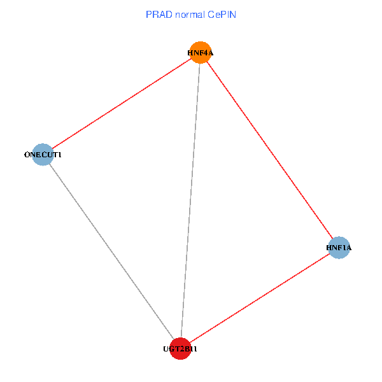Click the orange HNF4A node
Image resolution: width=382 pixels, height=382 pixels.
click(x=200, y=53)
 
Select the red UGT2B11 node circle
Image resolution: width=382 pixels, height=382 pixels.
click(x=181, y=349)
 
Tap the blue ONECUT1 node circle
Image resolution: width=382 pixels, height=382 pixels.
click(x=42, y=154)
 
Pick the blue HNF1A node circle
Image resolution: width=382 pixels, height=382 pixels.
click(x=339, y=247)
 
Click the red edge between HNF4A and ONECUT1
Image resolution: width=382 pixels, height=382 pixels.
click(x=121, y=104)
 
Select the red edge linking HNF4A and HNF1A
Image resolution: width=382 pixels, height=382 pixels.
click(x=270, y=150)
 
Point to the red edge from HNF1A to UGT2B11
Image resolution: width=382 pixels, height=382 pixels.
click(x=260, y=298)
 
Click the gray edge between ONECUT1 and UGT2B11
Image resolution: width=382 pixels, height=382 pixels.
click(x=111, y=251)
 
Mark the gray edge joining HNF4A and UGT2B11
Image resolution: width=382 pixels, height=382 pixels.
click(x=190, y=201)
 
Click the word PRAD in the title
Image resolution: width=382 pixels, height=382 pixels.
click(x=158, y=14)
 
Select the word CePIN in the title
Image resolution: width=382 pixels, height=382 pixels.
click(x=224, y=14)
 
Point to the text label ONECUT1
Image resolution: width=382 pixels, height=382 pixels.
click(x=42, y=154)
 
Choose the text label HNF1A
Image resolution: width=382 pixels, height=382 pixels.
click(x=339, y=247)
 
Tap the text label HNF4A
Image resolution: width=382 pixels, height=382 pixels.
click(x=200, y=53)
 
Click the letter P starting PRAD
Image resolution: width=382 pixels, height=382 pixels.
click(x=149, y=14)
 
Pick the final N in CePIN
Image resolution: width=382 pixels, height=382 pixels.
click(x=234, y=14)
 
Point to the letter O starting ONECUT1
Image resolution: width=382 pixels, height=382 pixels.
click(x=26, y=154)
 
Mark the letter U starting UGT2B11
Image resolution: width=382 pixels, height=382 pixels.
click(x=166, y=349)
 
